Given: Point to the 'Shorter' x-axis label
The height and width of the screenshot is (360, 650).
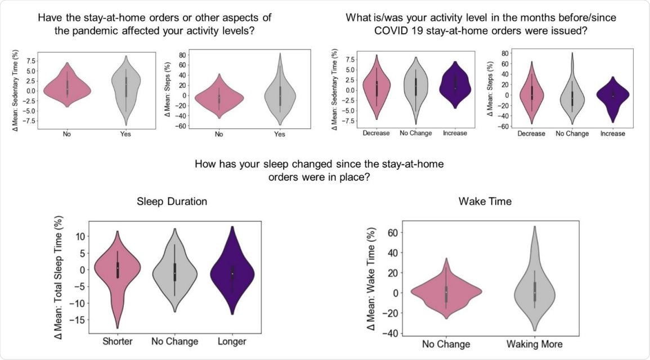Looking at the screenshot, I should click(x=118, y=341).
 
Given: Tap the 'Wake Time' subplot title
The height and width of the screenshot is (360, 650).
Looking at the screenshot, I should click(x=485, y=201).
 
